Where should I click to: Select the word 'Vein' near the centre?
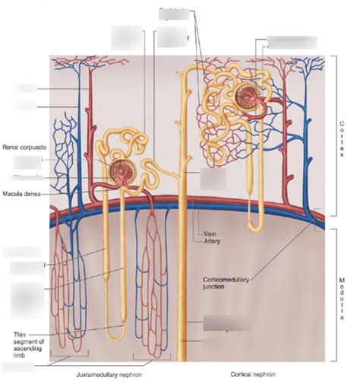coord(212,233)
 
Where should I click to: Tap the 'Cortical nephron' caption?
coord(253,374)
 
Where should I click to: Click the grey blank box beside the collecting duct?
coord(213,180)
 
